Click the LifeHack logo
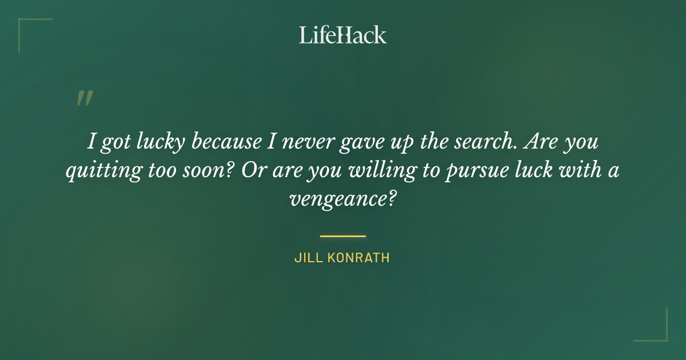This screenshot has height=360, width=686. coord(343,35)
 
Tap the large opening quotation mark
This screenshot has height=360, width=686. coord(85,98)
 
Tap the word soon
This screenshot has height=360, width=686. coord(203,171)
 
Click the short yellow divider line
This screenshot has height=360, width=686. coord(343,235)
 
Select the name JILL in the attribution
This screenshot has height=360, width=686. coord(308,258)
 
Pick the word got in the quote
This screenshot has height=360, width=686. coord(115,143)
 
